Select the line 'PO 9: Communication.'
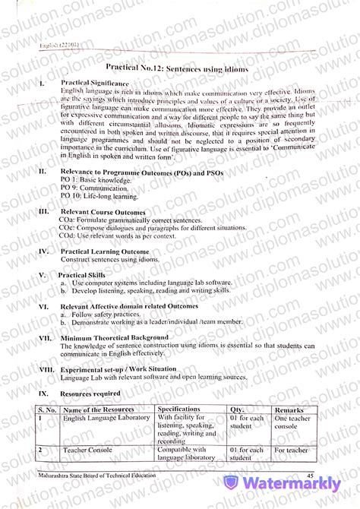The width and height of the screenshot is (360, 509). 90,186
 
